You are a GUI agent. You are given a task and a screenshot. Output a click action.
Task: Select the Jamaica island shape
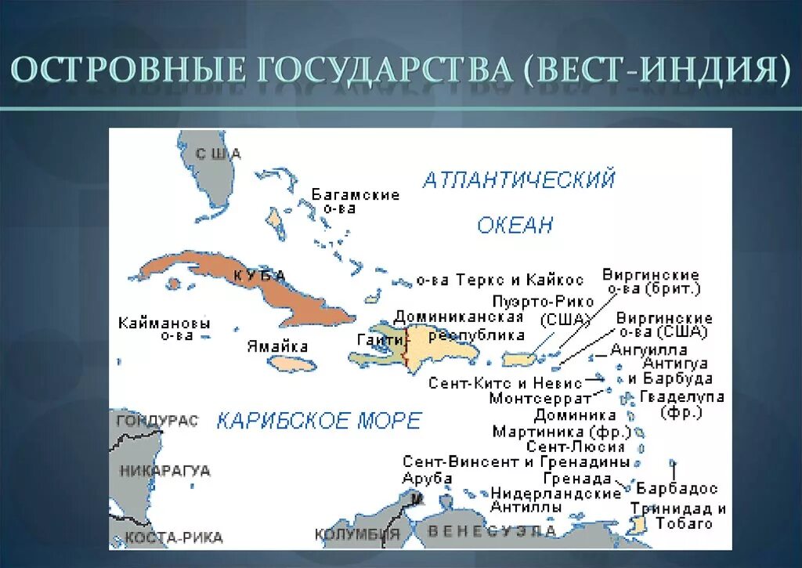291,364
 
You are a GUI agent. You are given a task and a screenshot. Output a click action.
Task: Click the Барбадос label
677,488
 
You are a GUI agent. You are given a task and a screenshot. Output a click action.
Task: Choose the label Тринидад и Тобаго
678,516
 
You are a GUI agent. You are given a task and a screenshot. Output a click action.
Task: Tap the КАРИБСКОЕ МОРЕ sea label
319,421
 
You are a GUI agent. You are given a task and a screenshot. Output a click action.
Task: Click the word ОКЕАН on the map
515,226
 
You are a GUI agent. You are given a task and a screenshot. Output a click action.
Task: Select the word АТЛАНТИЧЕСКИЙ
518,181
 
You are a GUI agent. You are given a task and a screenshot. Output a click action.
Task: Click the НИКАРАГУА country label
164,471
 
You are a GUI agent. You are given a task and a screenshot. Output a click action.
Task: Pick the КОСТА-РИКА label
174,537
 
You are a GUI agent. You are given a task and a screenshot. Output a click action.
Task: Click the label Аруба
427,478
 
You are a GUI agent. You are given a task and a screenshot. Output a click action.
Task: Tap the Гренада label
576,478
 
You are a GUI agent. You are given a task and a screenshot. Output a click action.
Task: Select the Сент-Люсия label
576,447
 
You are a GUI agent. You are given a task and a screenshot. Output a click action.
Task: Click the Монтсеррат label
536,398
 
